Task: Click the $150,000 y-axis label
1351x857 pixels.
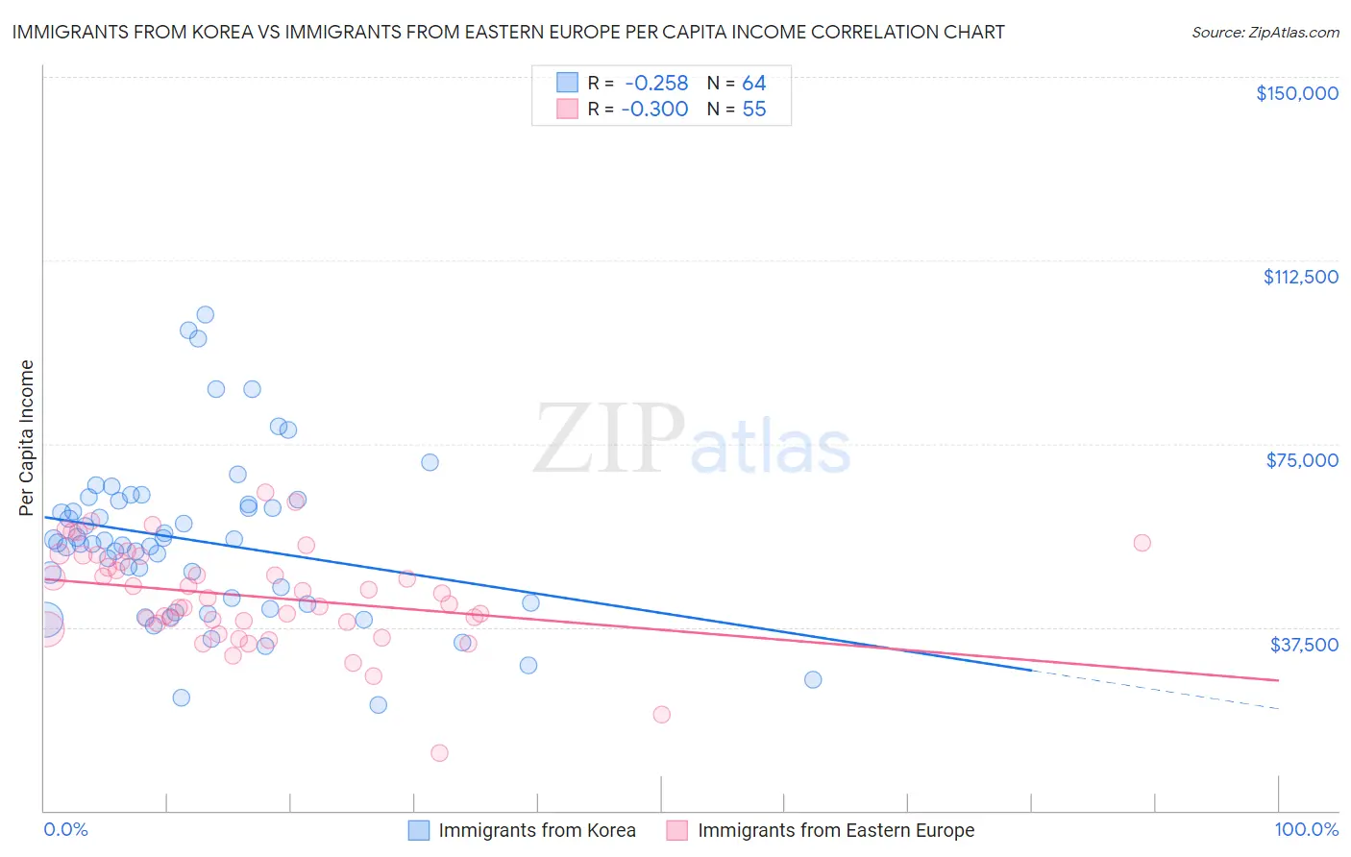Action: coord(1296,93)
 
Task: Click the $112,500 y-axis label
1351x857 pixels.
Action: coord(1300,277)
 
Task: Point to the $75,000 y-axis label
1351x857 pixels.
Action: coord(1302,460)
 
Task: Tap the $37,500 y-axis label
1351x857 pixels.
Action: coord(1303,645)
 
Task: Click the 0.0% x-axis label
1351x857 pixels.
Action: coord(65,829)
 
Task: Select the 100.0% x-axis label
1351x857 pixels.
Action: coord(1306,829)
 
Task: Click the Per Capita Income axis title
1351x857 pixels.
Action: coord(26,437)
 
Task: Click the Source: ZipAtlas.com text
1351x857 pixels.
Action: coord(1265,33)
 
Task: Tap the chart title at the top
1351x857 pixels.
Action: coord(508,32)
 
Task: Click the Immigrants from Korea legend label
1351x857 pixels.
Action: coord(536,830)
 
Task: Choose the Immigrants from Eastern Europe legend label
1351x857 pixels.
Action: coord(835,830)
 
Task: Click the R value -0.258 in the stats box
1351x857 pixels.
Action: coord(655,83)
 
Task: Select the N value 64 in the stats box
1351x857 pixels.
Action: coord(753,83)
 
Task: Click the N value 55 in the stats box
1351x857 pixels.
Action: coord(753,109)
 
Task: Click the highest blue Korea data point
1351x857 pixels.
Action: coord(205,314)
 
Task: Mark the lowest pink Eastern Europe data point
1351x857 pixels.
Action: coord(439,752)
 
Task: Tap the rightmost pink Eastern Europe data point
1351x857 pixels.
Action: coord(1142,543)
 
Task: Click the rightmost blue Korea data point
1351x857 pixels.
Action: coord(813,679)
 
